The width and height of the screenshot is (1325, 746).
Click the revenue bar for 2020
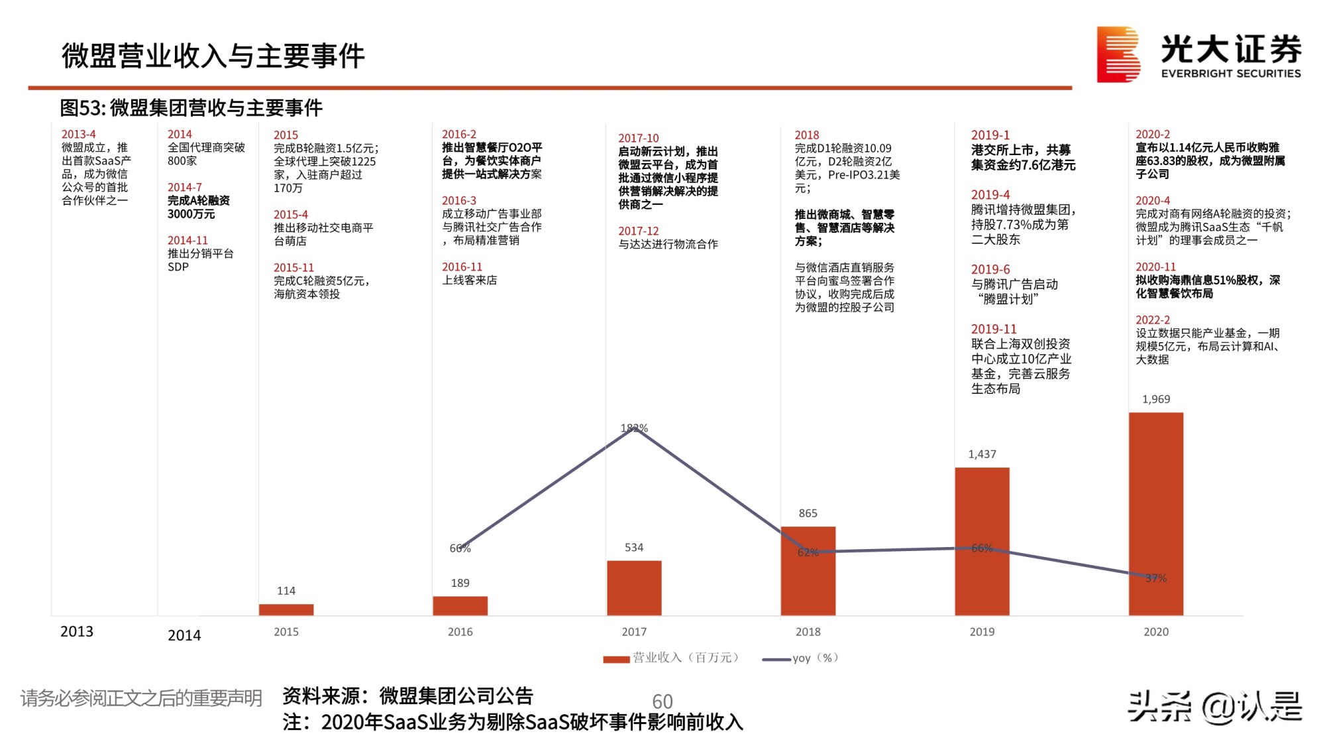[x=1155, y=514]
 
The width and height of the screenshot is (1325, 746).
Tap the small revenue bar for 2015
[x=286, y=609]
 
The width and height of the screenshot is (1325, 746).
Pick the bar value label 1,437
[x=982, y=454]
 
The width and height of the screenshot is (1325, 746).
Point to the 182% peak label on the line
[x=634, y=428]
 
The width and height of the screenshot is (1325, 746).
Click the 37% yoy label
[x=1156, y=578]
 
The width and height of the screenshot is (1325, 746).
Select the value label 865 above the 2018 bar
[x=808, y=513]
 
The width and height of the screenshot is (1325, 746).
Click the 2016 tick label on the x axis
[x=460, y=632]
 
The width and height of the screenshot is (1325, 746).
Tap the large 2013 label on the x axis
[x=77, y=631]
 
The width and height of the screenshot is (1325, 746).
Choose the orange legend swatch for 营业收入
[x=615, y=659]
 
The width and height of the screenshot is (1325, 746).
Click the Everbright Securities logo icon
[x=1118, y=54]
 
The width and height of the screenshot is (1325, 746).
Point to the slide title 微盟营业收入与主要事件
[x=213, y=56]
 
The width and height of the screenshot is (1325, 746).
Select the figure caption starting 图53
[x=191, y=107]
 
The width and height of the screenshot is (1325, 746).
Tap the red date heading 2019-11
[x=993, y=329]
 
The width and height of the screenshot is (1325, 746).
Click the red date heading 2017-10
[x=638, y=138]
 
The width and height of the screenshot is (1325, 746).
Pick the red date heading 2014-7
[x=184, y=187]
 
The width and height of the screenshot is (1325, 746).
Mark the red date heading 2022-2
[x=1153, y=320]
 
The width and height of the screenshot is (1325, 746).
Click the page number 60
[x=662, y=702]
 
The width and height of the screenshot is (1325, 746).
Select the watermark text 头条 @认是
[x=1214, y=706]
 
